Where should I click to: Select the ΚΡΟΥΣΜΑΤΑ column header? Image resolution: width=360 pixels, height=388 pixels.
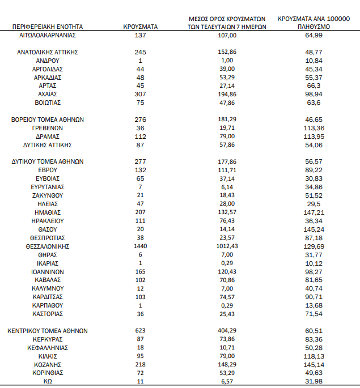[x=140, y=26]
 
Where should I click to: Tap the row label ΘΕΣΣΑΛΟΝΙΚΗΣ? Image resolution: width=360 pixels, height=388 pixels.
[x=48, y=246]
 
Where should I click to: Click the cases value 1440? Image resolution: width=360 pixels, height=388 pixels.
[x=140, y=246]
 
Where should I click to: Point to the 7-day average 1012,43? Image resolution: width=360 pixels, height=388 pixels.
[x=227, y=246]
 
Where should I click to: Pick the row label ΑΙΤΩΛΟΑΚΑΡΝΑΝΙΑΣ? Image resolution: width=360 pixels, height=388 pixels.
[x=48, y=35]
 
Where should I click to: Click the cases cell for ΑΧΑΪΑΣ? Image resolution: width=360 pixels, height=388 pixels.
[x=140, y=94]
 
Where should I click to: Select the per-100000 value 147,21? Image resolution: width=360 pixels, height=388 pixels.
[x=314, y=212]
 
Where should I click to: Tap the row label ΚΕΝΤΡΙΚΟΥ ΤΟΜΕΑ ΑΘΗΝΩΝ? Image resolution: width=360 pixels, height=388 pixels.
[x=48, y=331]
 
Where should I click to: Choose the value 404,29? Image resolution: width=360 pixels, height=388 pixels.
[x=227, y=331]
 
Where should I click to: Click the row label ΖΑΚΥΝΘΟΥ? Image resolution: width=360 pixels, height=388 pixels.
[x=48, y=195]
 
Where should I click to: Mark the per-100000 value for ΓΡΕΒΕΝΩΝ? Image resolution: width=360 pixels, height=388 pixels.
[x=314, y=128]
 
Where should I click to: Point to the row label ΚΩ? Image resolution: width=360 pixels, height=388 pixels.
[x=48, y=382]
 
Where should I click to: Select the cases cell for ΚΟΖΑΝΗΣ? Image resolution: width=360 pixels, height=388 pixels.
[x=140, y=365]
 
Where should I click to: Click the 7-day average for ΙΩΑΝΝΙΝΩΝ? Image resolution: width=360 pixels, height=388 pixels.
[x=227, y=272]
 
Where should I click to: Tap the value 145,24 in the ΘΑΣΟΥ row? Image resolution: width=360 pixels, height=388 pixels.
[x=314, y=229]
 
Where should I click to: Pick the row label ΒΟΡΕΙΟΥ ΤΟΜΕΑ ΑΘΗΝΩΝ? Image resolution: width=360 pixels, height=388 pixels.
[x=48, y=120]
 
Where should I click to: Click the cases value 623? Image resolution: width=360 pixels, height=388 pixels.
[x=140, y=331]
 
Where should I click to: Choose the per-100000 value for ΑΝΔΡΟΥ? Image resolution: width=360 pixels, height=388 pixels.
[x=314, y=60]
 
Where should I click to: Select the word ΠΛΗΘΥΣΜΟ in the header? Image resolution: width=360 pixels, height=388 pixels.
[x=314, y=26]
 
